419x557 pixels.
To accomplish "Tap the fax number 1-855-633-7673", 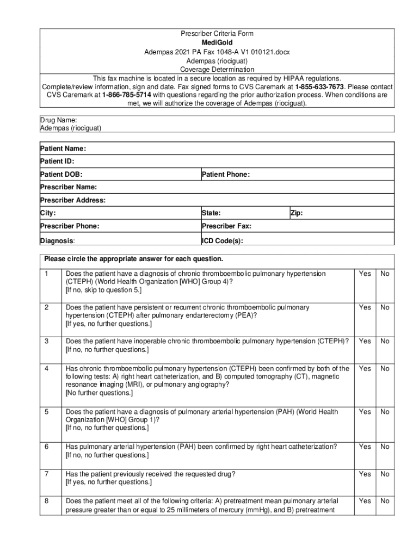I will point(319,87).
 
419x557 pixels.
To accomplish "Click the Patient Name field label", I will point(63,148).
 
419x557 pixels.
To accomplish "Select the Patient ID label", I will point(57,162).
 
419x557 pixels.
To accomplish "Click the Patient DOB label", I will point(61,175).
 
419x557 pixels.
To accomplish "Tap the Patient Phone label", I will point(226,175).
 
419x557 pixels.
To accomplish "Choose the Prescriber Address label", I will point(73,200).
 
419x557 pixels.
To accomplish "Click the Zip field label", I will point(297,214).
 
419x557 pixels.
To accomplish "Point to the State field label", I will point(211,214).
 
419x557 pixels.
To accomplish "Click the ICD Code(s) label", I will point(223,240).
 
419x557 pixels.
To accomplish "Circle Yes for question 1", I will point(365,274).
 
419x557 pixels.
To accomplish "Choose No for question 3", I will point(385,341).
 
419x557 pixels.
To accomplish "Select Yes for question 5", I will point(365,412).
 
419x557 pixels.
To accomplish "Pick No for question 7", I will point(385,474).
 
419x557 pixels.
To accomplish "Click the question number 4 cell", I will point(47,369).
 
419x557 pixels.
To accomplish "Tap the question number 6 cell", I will point(47,447).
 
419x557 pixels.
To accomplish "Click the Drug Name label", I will point(58,120).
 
